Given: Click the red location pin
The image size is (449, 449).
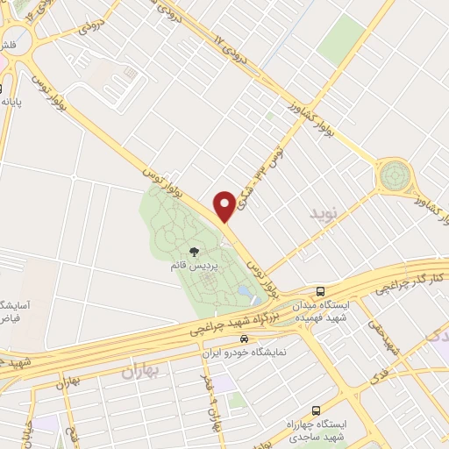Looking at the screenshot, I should click(224, 205).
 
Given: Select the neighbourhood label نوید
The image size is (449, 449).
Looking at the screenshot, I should click(322, 213).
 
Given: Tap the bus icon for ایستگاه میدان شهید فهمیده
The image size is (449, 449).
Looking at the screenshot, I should click(321, 291).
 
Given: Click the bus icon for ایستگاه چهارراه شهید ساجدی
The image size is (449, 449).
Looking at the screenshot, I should click(316, 410).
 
